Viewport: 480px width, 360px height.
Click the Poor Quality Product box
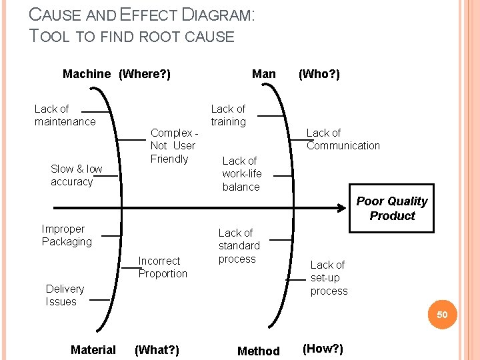point(392,209)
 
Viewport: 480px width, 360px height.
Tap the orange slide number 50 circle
point(443,315)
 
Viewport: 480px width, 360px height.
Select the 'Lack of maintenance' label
point(65,115)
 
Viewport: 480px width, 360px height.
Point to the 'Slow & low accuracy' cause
point(77,175)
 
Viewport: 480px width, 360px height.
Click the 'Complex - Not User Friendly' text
point(173,146)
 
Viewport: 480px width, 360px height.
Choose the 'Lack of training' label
point(228,115)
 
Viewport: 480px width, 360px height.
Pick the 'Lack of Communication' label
point(343,139)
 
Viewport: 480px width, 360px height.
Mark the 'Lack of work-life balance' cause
point(241,174)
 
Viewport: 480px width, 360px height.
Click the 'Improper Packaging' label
point(67,235)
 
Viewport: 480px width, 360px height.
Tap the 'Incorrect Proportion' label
point(163,267)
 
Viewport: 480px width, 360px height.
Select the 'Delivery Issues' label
point(65,295)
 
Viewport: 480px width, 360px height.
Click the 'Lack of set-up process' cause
point(329,278)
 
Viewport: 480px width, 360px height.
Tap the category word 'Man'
point(264,74)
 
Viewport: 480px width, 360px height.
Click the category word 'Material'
point(93,350)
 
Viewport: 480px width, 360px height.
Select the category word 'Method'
point(259,351)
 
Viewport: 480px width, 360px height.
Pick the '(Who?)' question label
point(319,74)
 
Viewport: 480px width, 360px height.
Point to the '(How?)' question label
point(323,349)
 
